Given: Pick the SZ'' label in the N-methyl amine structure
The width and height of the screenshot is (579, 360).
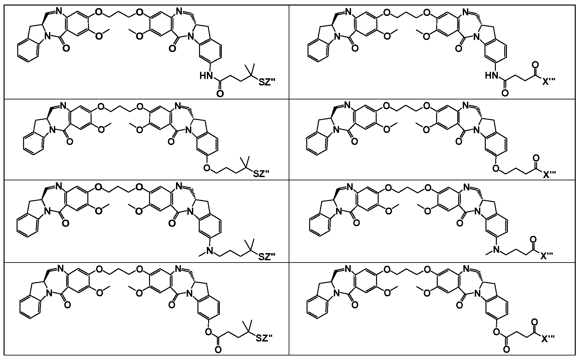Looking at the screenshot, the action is tap(267, 257).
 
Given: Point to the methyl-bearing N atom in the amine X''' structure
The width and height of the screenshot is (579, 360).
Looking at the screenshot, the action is tap(496, 250).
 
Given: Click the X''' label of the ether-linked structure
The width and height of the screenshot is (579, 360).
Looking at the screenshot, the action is tap(549, 174).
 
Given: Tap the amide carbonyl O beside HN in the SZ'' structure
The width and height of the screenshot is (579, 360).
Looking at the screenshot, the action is tap(220, 94).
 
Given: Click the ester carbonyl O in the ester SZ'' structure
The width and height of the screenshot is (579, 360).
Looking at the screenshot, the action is tap(218, 350).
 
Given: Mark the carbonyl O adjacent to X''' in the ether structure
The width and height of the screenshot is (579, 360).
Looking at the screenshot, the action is tap(535, 158).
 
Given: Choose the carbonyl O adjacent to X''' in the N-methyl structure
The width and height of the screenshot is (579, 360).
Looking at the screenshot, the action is tap(533, 240).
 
